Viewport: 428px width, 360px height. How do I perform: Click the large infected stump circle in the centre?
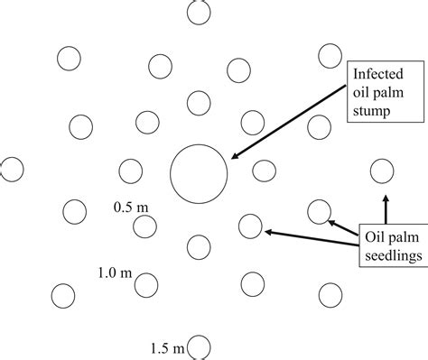tap(199, 171)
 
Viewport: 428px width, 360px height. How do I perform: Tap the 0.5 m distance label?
tap(131, 207)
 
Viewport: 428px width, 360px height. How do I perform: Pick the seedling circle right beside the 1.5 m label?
tap(200, 346)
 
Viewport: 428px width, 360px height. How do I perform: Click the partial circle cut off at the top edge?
tap(199, 11)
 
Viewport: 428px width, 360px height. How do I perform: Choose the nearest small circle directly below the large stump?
tap(199, 245)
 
